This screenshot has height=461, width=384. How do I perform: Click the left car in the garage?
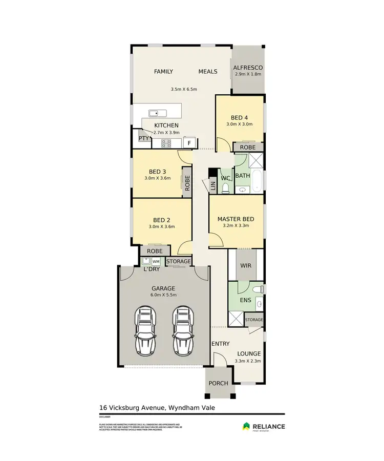145,331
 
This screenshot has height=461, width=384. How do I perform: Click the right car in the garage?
183,331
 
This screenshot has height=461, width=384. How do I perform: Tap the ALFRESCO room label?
248,68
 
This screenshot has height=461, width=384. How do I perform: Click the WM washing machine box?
156,262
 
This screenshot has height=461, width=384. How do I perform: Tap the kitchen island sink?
154,113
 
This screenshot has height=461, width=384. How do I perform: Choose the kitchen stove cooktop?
166,143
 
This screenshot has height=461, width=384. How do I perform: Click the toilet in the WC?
225,188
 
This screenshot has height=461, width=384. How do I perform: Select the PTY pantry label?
144,138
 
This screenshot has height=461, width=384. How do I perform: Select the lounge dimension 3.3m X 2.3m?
248,361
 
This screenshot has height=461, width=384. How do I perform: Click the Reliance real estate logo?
264,426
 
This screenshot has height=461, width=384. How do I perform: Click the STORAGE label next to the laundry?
178,261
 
